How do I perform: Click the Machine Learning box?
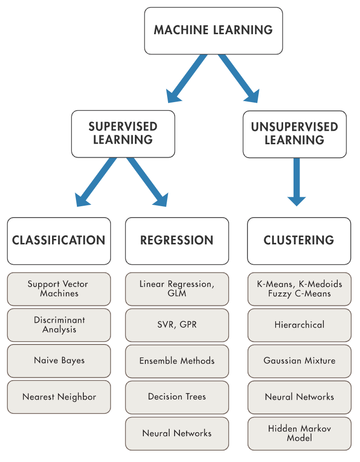coord(213,31)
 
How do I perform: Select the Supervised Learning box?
coord(123,134)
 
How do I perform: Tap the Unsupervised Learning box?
coord(295,134)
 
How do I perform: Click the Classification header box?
coord(59,241)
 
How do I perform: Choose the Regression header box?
coord(177,241)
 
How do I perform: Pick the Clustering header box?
coord(299,241)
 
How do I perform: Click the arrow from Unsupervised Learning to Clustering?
coord(297,182)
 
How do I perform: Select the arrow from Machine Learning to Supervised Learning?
coord(186,79)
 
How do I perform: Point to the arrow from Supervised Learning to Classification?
coord(96,182)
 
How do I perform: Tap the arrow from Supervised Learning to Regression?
coord(147,182)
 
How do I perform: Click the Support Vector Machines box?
coord(59,289)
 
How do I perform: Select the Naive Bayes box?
coord(59,361)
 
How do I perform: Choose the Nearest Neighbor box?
coord(59,397)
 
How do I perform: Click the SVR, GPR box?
coord(177,325)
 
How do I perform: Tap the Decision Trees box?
coord(177,397)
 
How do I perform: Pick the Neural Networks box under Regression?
coord(177,433)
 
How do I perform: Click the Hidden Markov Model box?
coord(300,433)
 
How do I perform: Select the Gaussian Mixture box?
coord(300,361)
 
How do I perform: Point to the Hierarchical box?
coord(300,325)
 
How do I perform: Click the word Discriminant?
coord(60,320)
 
